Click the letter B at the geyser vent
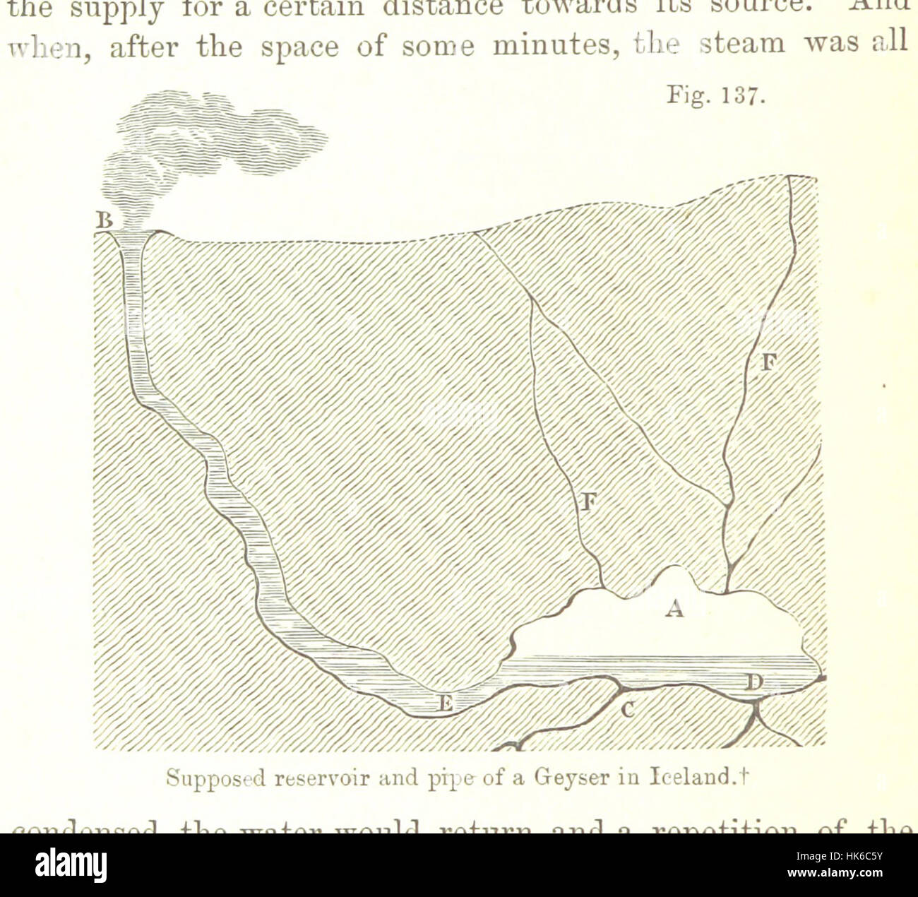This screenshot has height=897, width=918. pyautogui.click(x=105, y=221)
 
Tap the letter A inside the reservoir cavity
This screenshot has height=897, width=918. pyautogui.click(x=675, y=607)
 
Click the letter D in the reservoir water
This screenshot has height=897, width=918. pyautogui.click(x=756, y=683)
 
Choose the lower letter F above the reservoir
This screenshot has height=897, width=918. pyautogui.click(x=590, y=503)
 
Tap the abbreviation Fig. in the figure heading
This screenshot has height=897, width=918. pyautogui.click(x=684, y=97)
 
